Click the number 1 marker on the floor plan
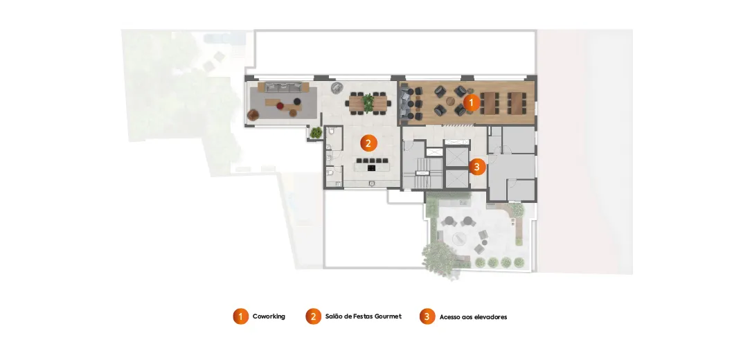471,102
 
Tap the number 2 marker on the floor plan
368,143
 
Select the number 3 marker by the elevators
477,167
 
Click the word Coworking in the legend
269,316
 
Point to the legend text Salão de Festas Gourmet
364,316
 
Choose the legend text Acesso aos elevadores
473,317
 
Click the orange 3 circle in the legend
427,316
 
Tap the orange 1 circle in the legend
240,316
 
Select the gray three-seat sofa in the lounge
283,87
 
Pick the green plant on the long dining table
368,102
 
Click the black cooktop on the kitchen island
371,168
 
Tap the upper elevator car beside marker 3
456,157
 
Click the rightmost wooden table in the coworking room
517,103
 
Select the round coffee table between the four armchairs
449,100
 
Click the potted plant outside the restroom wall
316,133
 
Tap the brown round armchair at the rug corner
253,114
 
